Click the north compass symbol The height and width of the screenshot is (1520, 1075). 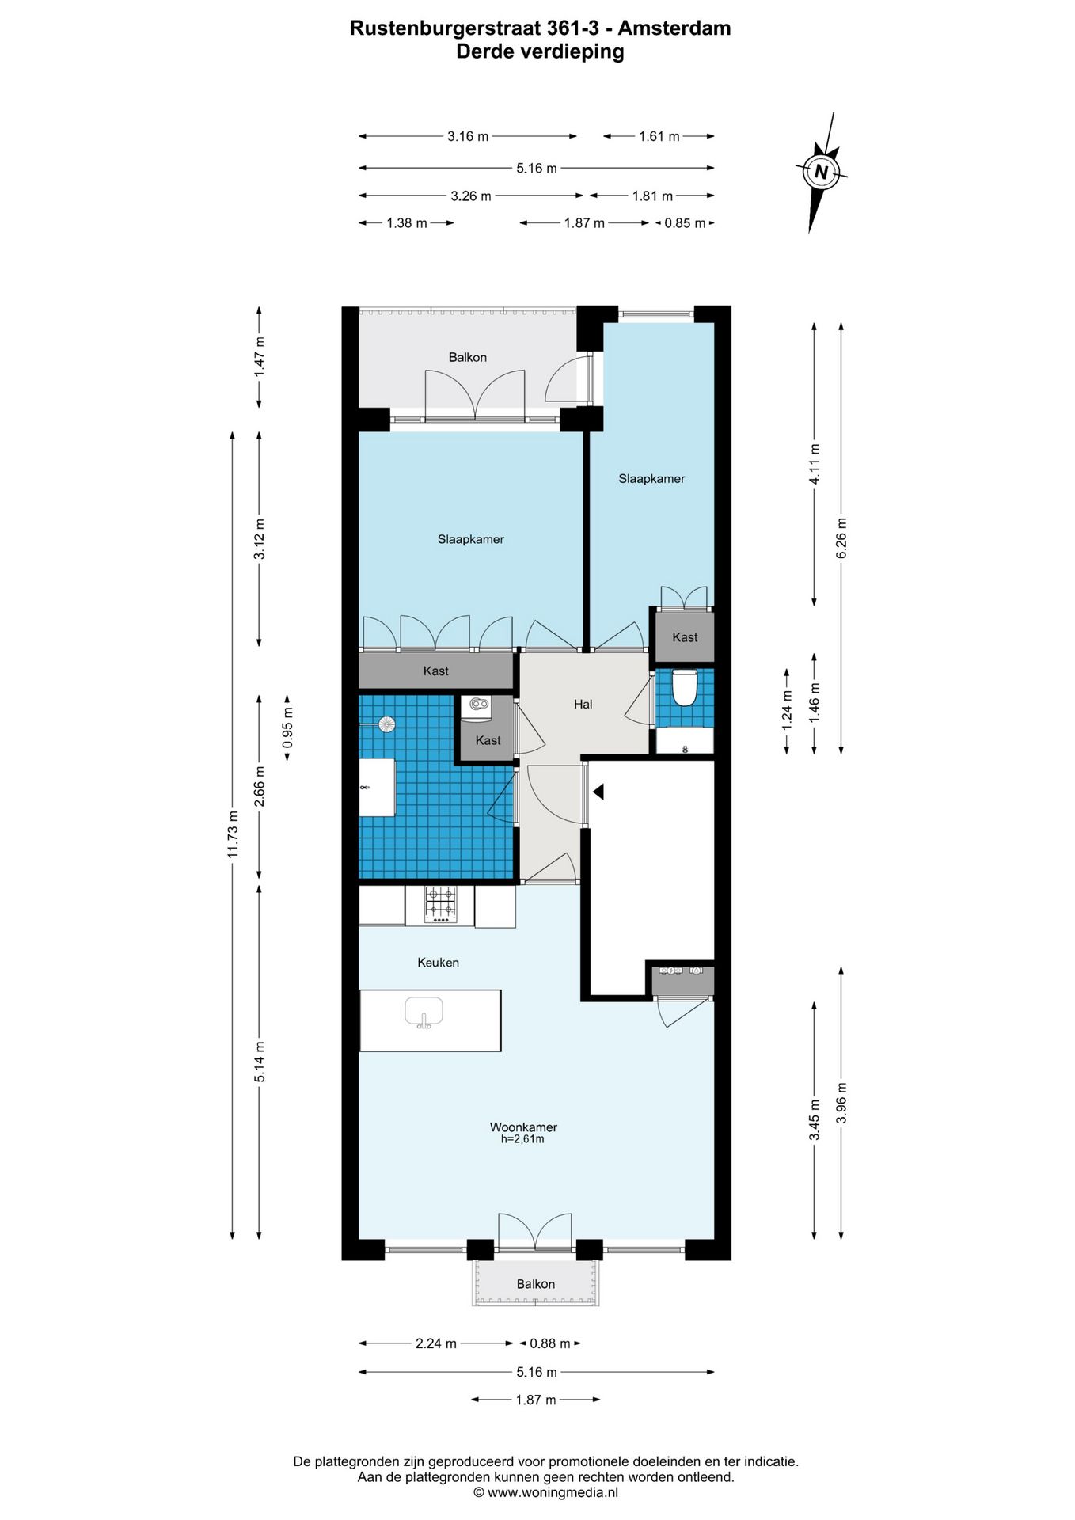pyautogui.click(x=821, y=172)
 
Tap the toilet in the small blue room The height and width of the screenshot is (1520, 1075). pyautogui.click(x=684, y=686)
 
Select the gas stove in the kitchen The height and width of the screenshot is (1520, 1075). pyautogui.click(x=440, y=905)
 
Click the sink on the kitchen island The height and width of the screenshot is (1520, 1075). pyautogui.click(x=424, y=1013)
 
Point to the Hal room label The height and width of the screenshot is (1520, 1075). pyautogui.click(x=583, y=704)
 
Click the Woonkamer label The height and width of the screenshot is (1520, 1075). pyautogui.click(x=523, y=1127)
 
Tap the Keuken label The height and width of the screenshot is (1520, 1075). pyautogui.click(x=438, y=963)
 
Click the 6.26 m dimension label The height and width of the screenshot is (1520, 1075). pyautogui.click(x=841, y=538)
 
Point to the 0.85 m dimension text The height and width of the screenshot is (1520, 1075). pyautogui.click(x=685, y=223)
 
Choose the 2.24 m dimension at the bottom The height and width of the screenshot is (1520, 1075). pyautogui.click(x=436, y=1343)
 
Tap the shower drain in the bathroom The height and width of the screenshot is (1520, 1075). pyautogui.click(x=387, y=724)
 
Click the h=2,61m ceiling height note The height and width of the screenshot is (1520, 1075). pyautogui.click(x=522, y=1139)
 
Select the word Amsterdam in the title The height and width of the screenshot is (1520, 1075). pyautogui.click(x=674, y=28)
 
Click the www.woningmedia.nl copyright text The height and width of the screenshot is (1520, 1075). pyautogui.click(x=545, y=1492)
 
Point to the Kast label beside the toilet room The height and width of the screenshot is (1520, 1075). pyautogui.click(x=685, y=637)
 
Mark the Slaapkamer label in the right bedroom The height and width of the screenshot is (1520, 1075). pyautogui.click(x=651, y=479)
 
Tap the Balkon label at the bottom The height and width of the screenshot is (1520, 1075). pyautogui.click(x=536, y=1284)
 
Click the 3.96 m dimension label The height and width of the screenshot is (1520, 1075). pyautogui.click(x=841, y=1103)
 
